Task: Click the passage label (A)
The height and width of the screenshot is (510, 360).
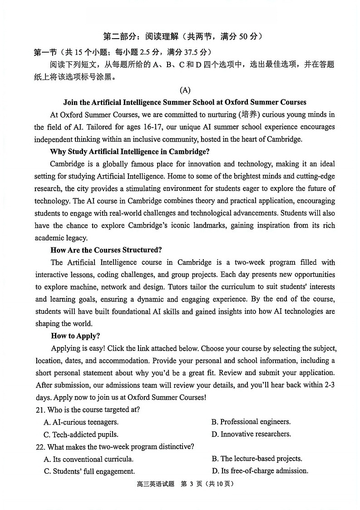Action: coord(185,90)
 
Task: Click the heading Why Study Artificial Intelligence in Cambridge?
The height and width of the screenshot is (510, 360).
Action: coord(130,151)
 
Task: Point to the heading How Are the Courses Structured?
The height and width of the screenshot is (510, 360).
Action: coord(106,250)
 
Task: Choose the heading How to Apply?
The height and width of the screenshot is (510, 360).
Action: coord(75,336)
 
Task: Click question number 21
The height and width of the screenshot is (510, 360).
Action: coord(40,410)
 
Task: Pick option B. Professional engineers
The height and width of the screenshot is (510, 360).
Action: coord(251,422)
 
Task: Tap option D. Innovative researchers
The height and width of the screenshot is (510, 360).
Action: coord(251,434)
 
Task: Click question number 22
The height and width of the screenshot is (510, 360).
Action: coord(40,447)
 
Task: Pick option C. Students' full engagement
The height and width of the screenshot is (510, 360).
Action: coord(89,471)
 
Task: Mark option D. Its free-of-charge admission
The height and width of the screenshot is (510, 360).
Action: coord(260,471)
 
